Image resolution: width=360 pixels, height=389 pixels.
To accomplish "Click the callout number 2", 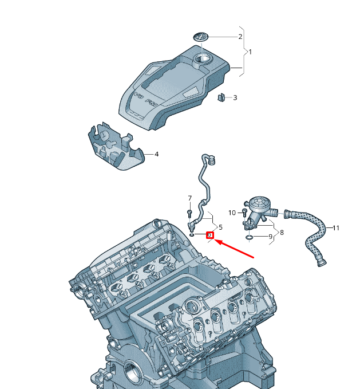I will tap(240, 37).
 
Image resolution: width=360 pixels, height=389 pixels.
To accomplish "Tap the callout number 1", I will tap(250, 52).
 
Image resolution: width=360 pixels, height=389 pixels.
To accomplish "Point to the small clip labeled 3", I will tap(221, 97).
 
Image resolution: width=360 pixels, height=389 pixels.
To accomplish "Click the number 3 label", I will tap(235, 98).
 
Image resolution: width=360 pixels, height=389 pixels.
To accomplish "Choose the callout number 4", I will tap(156, 154).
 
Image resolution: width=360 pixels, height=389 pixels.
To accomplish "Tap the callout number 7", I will tap(189, 198).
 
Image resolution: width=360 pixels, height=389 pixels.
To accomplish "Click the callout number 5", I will tap(220, 227).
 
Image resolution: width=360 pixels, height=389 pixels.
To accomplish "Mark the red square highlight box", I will tap(209, 235).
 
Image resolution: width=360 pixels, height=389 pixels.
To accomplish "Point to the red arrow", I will tap(235, 247).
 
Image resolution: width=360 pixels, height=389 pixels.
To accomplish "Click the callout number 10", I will tap(232, 213).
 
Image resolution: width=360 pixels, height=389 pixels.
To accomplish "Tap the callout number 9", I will tap(270, 237).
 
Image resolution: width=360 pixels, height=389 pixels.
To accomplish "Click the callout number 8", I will tap(281, 233).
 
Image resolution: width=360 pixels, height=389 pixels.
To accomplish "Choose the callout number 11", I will tap(336, 228).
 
